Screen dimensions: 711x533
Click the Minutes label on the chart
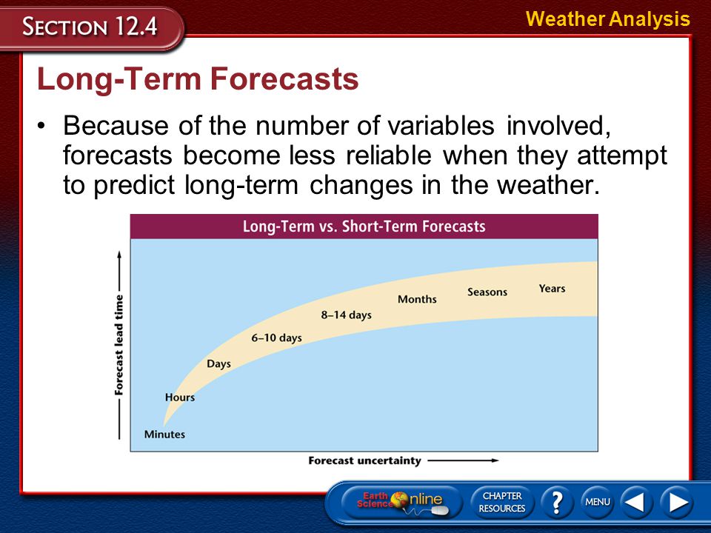coord(164,435)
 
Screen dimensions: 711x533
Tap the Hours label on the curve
coord(180,397)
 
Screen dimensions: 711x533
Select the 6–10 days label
coord(276,338)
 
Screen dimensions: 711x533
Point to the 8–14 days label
coord(347,315)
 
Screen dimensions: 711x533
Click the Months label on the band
coord(417,299)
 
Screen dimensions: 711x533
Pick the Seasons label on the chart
coord(487,292)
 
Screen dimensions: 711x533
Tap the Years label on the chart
coord(552,288)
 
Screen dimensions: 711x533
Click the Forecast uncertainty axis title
coord(364,460)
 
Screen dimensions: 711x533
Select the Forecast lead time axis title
coord(118,345)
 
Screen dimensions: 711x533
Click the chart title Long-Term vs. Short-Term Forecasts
coord(364,227)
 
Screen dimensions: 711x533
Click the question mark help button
coord(557,502)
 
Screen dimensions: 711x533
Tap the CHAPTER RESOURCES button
coord(502,502)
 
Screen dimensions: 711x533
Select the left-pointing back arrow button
coord(636,502)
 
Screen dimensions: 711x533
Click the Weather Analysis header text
coord(608,19)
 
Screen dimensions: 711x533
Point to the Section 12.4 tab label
coord(90,26)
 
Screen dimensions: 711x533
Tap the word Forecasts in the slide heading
coord(284,79)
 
